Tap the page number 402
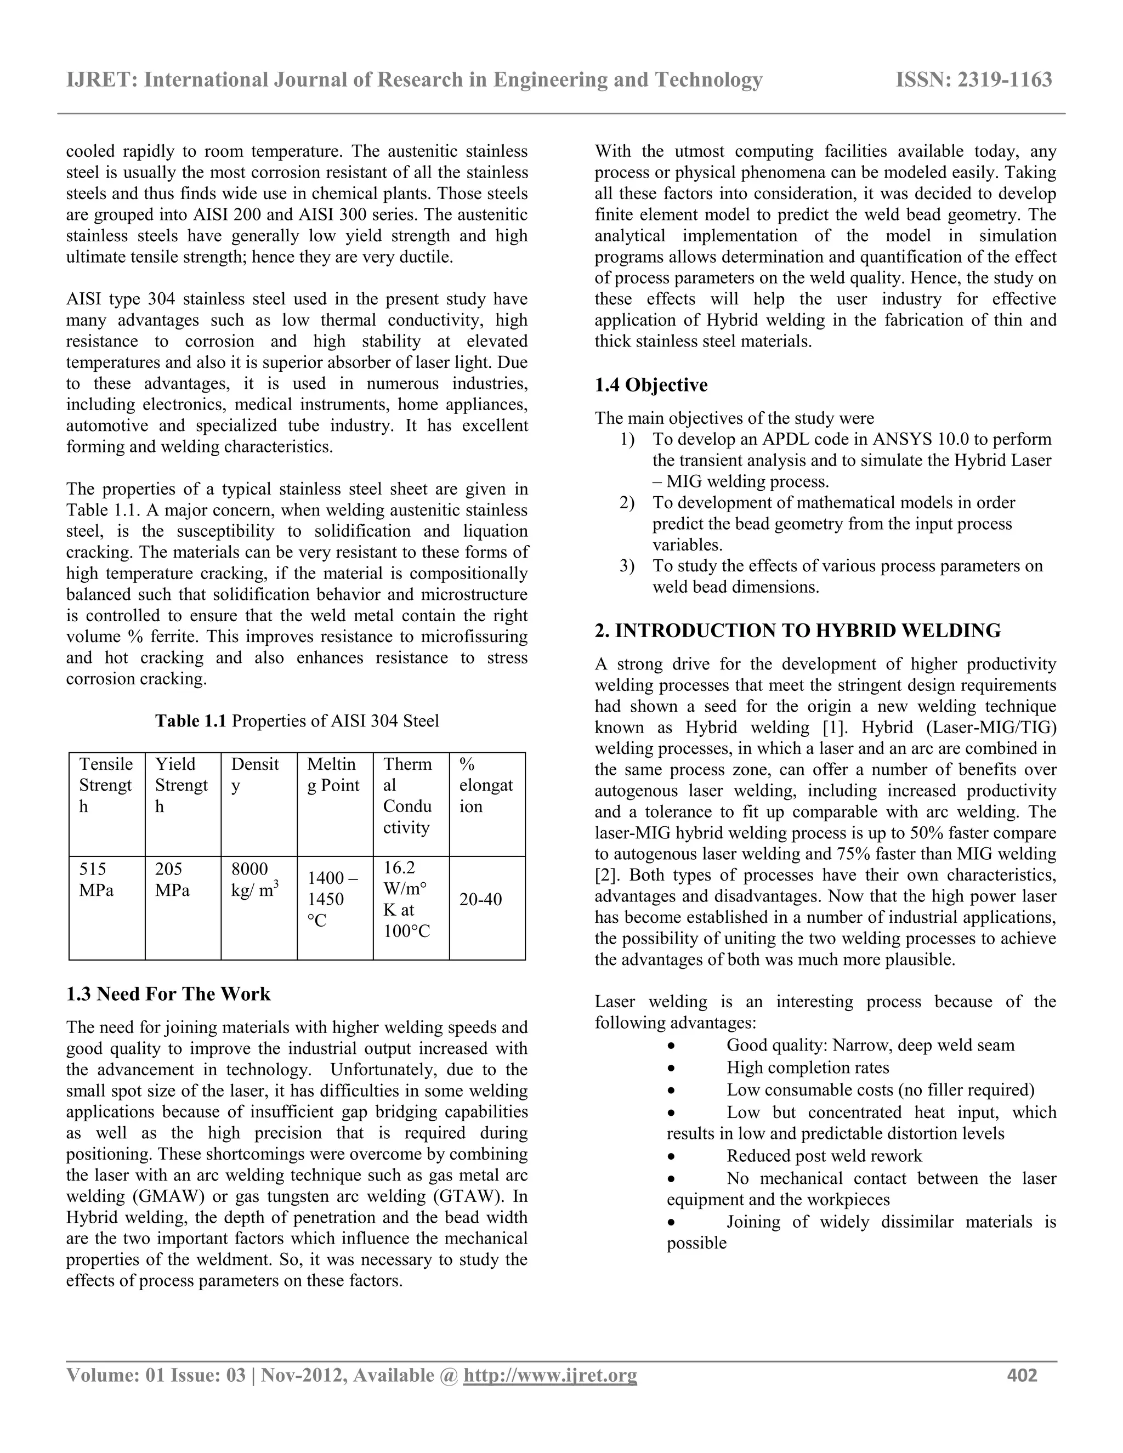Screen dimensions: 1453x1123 [x=1022, y=1375]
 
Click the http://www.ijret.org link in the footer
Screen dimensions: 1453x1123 [x=549, y=1375]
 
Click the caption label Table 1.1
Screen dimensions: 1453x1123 [x=191, y=721]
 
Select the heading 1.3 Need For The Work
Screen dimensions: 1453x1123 [x=168, y=994]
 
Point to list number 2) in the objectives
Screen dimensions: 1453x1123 [x=627, y=503]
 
